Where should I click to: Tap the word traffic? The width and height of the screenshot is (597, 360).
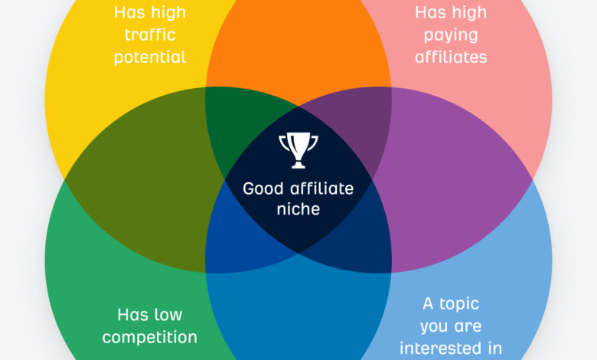point(149,35)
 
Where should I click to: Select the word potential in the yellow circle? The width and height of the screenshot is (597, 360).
point(150,57)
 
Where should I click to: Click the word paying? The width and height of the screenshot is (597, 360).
point(450,35)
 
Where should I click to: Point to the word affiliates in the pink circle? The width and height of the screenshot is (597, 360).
point(451,57)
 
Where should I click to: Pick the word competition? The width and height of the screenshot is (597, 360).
point(150,337)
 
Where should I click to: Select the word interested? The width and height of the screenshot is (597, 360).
point(440,348)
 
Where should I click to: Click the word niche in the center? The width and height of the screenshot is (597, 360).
point(298,208)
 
